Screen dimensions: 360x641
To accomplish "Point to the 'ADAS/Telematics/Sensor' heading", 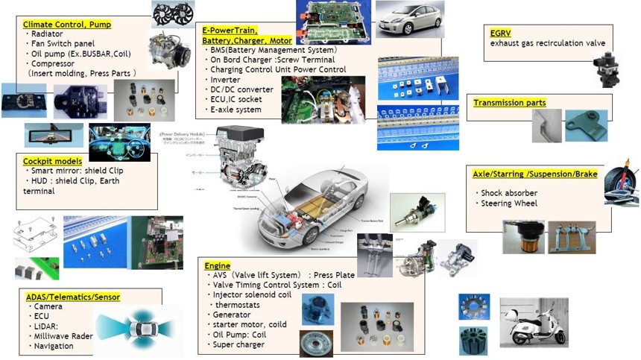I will pos(73,297).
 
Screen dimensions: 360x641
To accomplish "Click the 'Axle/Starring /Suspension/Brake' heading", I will pos(535,174).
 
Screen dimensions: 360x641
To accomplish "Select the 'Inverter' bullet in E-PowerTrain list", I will pos(227,80).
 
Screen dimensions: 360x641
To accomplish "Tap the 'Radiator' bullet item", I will pos(48,34).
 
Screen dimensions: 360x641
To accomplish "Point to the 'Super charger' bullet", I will pos(239,344).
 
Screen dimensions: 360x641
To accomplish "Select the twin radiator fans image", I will pos(173,13).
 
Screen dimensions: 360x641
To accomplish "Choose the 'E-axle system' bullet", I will pos(236,110).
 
